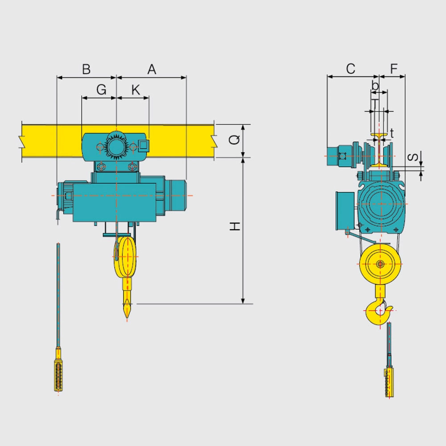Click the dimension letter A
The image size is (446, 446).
(x=152, y=69)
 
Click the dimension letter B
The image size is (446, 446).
(x=86, y=69)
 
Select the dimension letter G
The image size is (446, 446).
(x=102, y=90)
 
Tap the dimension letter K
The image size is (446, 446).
(x=136, y=90)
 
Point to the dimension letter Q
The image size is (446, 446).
(x=235, y=140)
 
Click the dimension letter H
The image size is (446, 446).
(x=235, y=227)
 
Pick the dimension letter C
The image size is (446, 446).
(x=351, y=69)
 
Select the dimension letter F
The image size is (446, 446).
(x=394, y=69)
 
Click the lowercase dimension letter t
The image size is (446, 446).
(x=392, y=133)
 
